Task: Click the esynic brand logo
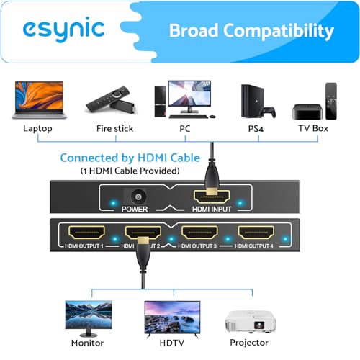click(63, 30)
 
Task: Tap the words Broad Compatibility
click(251, 31)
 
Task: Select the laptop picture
click(36, 102)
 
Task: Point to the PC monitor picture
click(189, 97)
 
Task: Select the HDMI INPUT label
click(212, 210)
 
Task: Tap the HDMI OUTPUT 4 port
click(256, 232)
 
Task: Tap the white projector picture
click(249, 317)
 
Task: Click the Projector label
click(249, 343)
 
